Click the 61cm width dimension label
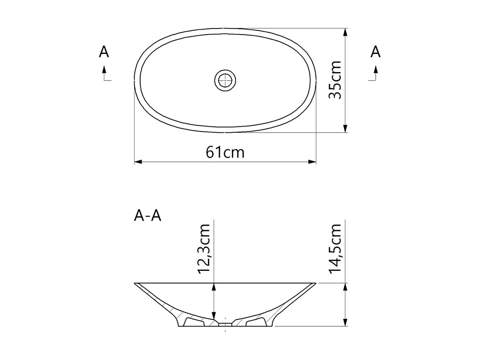click(x=225, y=152)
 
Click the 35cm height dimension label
click(x=335, y=80)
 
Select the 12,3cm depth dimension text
click(x=204, y=249)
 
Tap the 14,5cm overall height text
click(x=335, y=249)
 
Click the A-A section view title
click(x=148, y=215)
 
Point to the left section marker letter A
click(x=104, y=52)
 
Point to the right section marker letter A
click(x=376, y=52)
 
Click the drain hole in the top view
click(x=225, y=80)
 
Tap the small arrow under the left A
click(x=104, y=70)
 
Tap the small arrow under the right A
click(x=376, y=70)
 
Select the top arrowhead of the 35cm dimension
click(x=345, y=32)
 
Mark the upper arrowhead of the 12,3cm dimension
click(x=214, y=287)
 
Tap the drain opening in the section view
click(x=225, y=324)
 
